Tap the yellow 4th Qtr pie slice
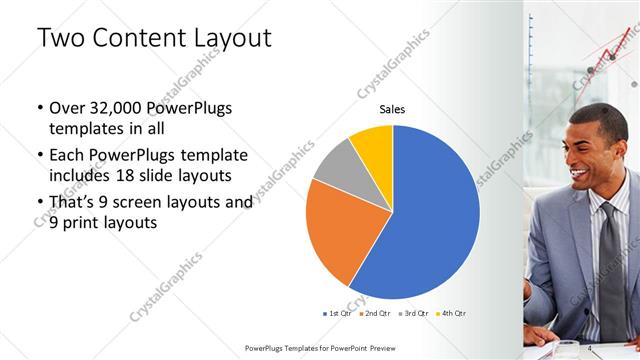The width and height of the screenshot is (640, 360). click(x=373, y=144)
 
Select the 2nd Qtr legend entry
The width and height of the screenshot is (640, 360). click(x=376, y=313)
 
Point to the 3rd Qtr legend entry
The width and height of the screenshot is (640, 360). click(x=414, y=313)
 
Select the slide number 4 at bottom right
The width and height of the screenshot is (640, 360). click(x=591, y=347)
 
